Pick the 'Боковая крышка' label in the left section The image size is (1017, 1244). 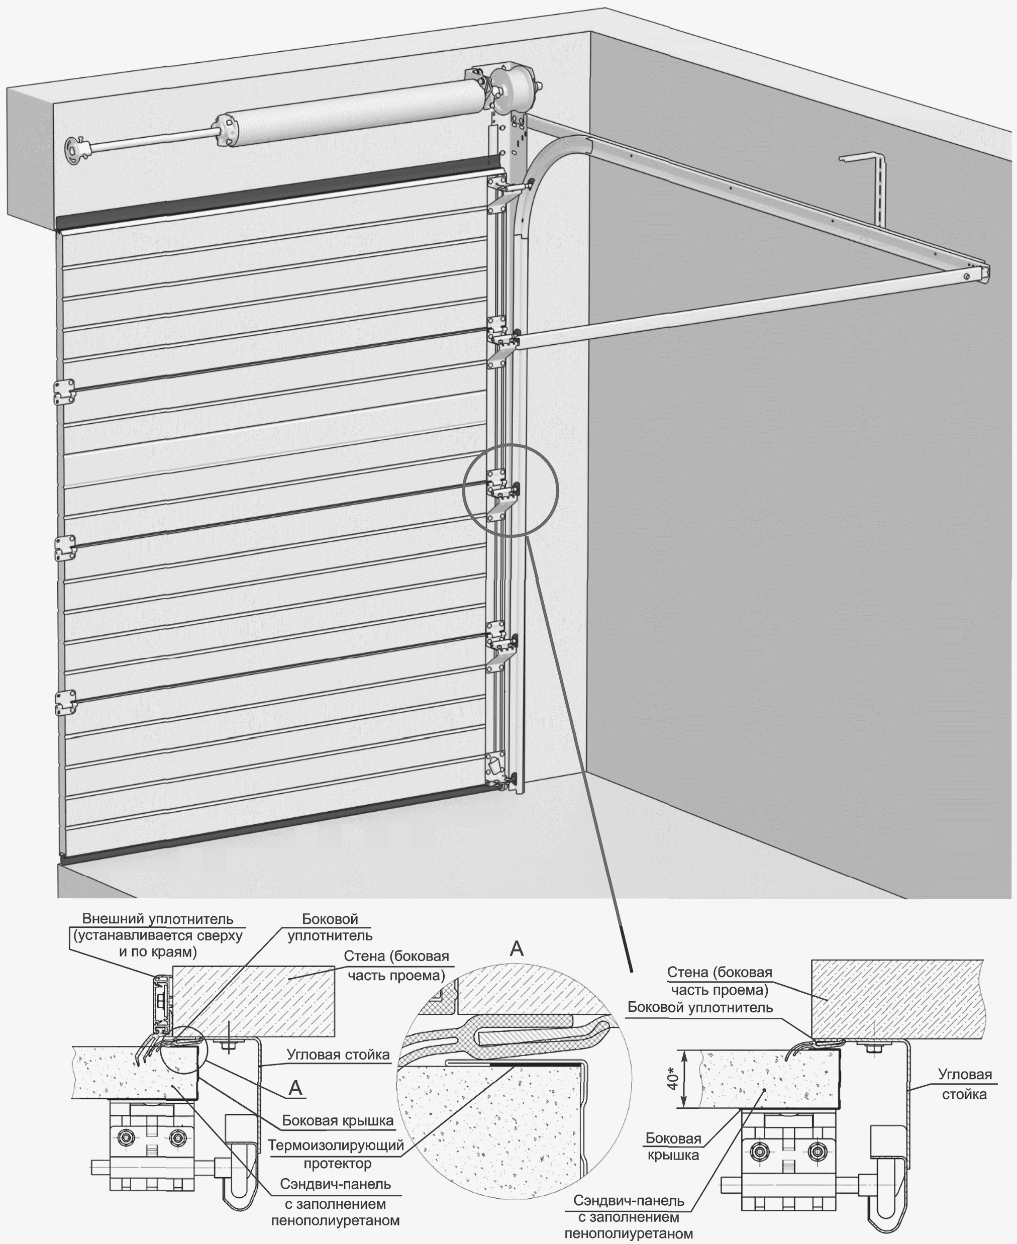coord(338,1120)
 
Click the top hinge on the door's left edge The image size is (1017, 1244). coord(64,392)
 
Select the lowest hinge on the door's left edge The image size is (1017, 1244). coord(64,702)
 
